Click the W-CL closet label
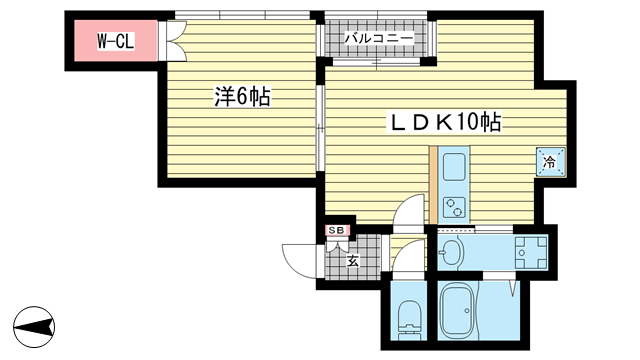click(116, 41)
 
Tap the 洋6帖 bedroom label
click(242, 97)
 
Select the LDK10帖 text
click(445, 122)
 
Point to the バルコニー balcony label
click(378, 38)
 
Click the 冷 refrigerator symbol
click(551, 162)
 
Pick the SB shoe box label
click(337, 231)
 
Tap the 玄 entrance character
click(353, 260)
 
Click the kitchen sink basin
click(454, 167)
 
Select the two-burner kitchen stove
click(454, 207)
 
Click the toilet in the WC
click(409, 320)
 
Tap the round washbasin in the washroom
click(451, 252)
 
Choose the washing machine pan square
click(531, 252)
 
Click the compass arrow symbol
click(34, 327)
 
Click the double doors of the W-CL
click(175, 41)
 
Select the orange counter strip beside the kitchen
click(433, 185)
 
